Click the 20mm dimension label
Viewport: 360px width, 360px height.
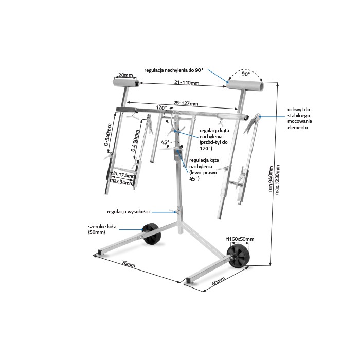(x=125, y=75)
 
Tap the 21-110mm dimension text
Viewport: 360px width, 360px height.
(x=187, y=82)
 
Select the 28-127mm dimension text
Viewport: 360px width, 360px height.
(x=186, y=103)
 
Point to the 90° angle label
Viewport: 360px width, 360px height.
(x=246, y=74)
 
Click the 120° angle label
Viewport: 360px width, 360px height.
(x=161, y=107)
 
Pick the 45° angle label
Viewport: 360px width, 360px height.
(x=165, y=142)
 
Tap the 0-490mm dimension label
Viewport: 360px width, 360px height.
(x=135, y=140)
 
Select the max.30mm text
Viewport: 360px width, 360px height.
(x=121, y=181)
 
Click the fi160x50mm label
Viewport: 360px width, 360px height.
(x=240, y=239)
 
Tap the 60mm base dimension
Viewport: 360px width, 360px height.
(x=218, y=281)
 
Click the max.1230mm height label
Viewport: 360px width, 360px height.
(x=277, y=179)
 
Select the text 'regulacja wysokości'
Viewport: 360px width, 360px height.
(x=128, y=212)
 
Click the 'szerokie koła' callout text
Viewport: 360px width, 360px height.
(x=102, y=227)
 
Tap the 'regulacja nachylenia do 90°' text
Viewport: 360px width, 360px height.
(x=174, y=70)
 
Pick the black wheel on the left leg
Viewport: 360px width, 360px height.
(x=151, y=234)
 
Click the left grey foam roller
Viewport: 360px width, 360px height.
(x=126, y=83)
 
